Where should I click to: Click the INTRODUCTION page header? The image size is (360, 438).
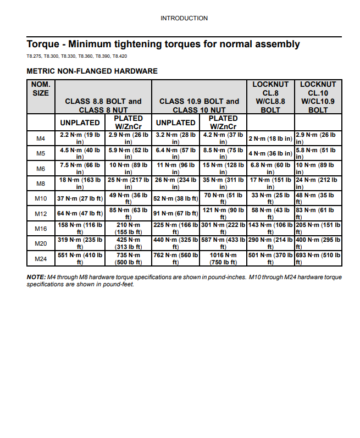(184, 18)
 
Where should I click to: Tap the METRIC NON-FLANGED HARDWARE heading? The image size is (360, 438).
(92, 71)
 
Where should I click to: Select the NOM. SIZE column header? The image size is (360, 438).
(41, 88)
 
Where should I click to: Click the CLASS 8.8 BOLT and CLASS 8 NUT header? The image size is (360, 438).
(103, 106)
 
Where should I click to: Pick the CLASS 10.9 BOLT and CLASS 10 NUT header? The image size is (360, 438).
(199, 106)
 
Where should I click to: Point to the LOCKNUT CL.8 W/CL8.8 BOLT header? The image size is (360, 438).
(270, 97)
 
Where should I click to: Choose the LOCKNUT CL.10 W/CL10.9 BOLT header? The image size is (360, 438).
(318, 97)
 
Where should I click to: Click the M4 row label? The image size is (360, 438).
(41, 138)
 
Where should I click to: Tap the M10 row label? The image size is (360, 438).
(41, 198)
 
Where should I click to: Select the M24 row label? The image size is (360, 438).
(41, 258)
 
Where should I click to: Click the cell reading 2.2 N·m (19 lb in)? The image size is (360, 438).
(80, 138)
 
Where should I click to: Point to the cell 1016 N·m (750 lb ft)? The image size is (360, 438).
(223, 259)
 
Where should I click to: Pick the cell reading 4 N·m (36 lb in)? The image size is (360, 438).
(270, 153)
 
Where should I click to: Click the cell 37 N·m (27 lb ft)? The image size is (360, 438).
(80, 198)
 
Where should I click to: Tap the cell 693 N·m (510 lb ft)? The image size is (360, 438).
(318, 259)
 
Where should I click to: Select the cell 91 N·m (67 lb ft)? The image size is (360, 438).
(175, 213)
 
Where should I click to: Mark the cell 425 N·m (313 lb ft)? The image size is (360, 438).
(128, 243)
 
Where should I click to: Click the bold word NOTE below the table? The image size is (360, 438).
(37, 277)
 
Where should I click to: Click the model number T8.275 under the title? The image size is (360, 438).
(34, 57)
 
